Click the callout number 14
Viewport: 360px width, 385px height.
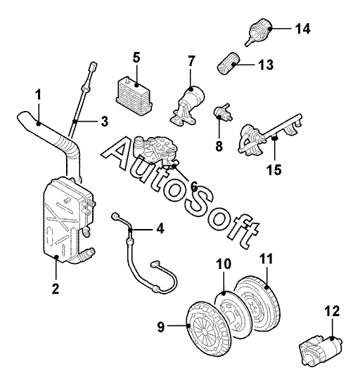point(302,29)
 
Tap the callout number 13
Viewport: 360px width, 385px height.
point(266,65)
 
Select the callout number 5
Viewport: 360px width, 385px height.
point(136,58)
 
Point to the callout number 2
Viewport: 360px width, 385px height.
point(56,289)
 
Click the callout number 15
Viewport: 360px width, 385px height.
point(274,169)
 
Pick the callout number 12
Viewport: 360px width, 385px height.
point(332,311)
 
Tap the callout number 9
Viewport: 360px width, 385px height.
point(161,327)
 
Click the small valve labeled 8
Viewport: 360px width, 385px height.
point(221,112)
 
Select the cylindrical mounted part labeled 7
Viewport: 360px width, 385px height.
point(188,106)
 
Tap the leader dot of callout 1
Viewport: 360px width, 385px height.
point(38,123)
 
